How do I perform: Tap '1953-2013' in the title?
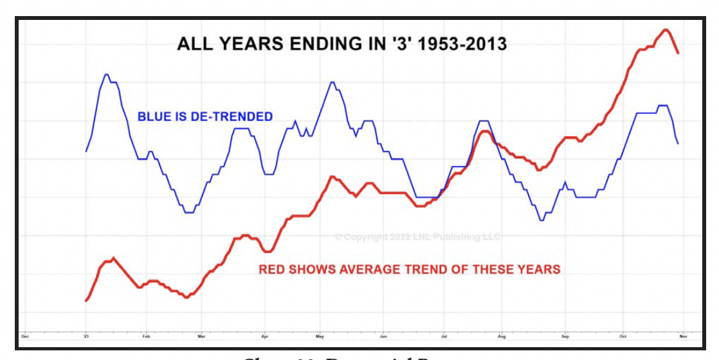[x=462, y=44]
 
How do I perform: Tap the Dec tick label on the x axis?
[x=25, y=336]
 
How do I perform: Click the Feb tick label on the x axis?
[x=145, y=336]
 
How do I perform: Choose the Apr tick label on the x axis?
[x=264, y=336]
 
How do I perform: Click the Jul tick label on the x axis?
[x=444, y=336]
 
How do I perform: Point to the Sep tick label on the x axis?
[x=565, y=336]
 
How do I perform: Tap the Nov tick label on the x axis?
[x=682, y=336]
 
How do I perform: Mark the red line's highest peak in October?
[x=666, y=30]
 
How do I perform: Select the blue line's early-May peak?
[x=332, y=82]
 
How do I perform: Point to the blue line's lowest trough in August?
[x=542, y=221]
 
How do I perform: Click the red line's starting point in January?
[x=86, y=300]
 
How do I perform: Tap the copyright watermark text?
[x=417, y=237]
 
